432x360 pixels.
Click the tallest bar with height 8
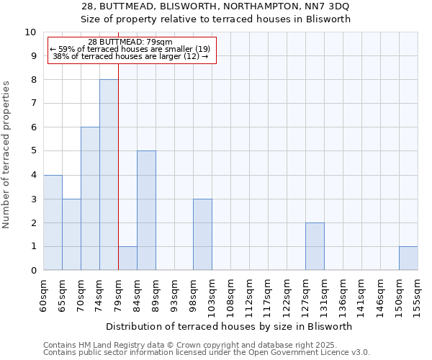(x=109, y=175)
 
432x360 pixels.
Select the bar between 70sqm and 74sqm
(x=90, y=199)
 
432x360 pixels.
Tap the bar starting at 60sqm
(x=53, y=222)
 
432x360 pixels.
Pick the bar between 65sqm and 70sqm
(x=71, y=235)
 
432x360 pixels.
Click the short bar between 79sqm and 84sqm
(x=127, y=258)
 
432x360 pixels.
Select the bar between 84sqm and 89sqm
(x=146, y=210)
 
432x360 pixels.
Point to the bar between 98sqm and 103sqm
(x=202, y=235)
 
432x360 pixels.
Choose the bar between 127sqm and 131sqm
(x=315, y=246)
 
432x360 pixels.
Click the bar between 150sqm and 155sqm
(x=408, y=258)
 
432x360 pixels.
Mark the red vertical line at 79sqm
(x=118, y=180)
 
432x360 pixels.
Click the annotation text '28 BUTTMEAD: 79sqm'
(x=130, y=42)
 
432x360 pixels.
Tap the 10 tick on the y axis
(x=32, y=32)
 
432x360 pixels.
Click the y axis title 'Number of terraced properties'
(x=7, y=155)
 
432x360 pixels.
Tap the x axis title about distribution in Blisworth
(x=229, y=326)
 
